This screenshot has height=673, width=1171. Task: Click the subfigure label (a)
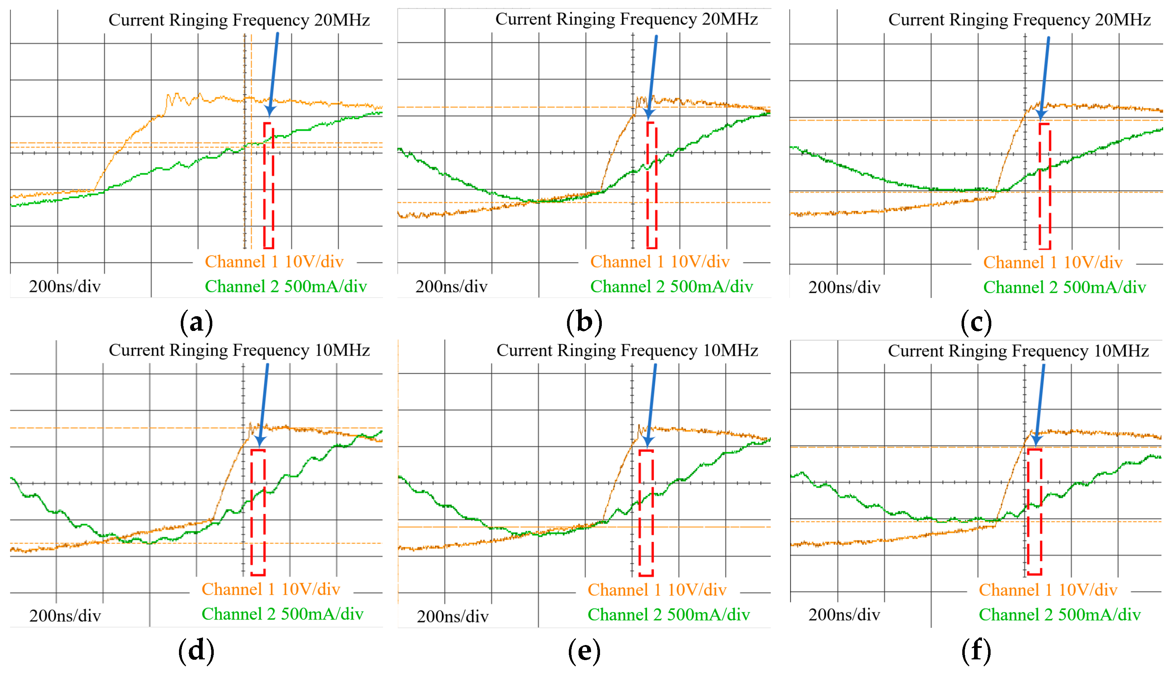click(x=197, y=322)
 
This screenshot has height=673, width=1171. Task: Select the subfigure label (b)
click(x=584, y=322)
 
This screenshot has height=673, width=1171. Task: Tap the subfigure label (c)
click(x=976, y=322)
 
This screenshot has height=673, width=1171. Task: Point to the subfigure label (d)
click(x=197, y=650)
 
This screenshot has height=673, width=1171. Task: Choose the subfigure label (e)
click(x=584, y=650)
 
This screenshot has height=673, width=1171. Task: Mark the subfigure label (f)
click(x=976, y=650)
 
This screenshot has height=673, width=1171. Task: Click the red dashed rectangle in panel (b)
click(x=652, y=185)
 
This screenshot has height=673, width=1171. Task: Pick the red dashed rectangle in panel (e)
click(x=646, y=513)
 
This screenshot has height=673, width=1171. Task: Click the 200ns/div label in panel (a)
click(x=65, y=286)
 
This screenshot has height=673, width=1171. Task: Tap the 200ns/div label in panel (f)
click(x=844, y=615)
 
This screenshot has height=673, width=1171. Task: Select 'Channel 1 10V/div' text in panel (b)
click(x=660, y=262)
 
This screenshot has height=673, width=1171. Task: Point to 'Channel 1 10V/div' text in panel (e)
click(x=657, y=590)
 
